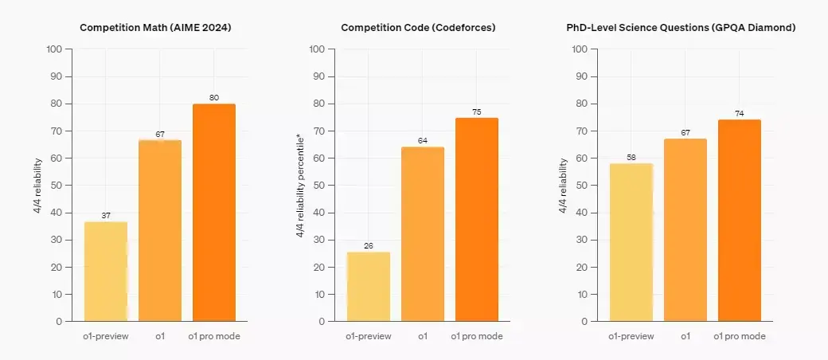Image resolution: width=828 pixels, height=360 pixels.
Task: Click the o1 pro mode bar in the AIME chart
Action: point(214,213)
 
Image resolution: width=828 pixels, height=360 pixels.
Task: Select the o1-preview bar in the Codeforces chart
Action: point(369,287)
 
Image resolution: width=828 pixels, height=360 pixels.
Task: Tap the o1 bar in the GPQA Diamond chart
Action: point(685,230)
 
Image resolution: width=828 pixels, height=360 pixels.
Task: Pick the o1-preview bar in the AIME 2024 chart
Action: point(106,272)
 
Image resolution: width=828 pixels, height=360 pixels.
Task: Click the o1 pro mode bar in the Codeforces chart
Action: point(477,219)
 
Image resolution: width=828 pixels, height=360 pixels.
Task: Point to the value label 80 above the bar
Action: point(214,97)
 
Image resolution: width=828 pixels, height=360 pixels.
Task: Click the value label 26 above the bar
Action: point(369,246)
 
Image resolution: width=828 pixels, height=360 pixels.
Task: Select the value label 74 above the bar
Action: point(740,114)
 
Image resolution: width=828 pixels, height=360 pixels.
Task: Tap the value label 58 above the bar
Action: point(631,157)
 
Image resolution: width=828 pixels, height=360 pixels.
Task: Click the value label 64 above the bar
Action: point(423,141)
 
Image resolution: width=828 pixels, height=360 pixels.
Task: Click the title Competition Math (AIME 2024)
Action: point(155,28)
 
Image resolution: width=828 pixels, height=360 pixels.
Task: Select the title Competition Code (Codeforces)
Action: point(418,28)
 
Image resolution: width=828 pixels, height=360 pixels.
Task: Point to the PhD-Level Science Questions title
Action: point(681,28)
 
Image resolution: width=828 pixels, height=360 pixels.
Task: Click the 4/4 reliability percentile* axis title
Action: point(300,185)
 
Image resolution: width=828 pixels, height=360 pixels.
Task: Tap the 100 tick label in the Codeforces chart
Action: point(318,49)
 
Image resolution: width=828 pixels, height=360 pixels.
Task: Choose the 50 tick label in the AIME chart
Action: point(57,186)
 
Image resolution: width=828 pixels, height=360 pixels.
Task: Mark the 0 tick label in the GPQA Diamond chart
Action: point(584,322)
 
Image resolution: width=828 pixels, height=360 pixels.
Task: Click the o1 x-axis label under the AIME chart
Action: point(160,336)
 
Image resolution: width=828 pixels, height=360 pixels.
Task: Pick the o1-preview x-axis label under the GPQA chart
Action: point(631,336)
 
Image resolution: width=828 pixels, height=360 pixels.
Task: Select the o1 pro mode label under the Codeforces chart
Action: point(477,336)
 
